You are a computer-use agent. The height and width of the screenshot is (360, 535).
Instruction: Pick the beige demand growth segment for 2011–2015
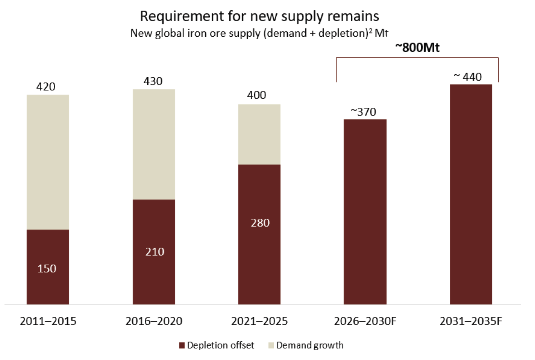click(x=48, y=162)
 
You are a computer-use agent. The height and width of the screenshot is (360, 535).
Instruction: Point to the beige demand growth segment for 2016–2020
click(x=154, y=144)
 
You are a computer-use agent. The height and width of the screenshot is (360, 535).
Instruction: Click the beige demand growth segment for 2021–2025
click(x=259, y=134)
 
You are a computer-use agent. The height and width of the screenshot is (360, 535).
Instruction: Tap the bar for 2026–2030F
click(x=365, y=211)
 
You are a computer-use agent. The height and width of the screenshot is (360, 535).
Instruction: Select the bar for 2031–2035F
click(x=471, y=194)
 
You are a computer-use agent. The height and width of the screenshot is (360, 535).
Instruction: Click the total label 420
click(x=46, y=87)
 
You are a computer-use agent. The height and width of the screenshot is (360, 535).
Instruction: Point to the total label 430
click(x=153, y=81)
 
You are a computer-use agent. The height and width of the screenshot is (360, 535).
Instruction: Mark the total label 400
click(x=257, y=96)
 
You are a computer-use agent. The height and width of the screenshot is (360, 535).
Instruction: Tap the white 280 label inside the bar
click(x=260, y=223)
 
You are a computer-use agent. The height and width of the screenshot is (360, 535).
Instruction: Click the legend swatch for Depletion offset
click(x=182, y=345)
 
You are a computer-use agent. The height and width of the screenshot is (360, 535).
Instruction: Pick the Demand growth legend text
click(x=310, y=345)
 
